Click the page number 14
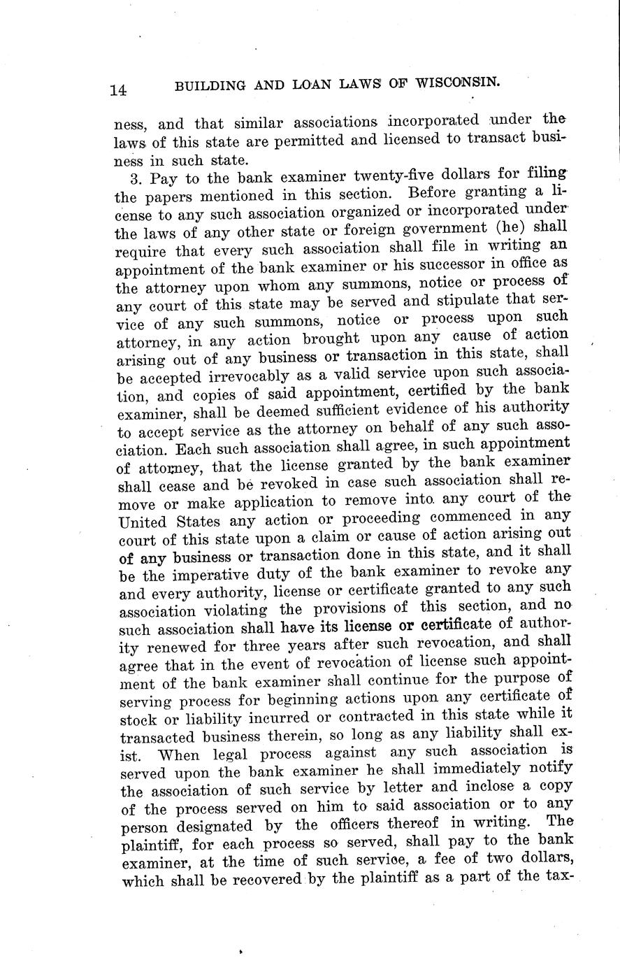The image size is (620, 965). click(117, 89)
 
